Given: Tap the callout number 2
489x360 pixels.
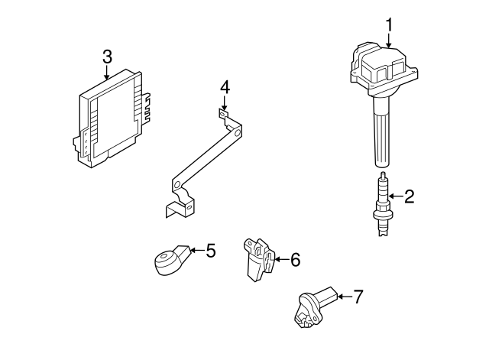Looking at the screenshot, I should (x=409, y=197).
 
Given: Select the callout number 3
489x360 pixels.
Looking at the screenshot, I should (x=107, y=56).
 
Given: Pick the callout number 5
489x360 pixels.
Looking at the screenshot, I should (x=211, y=249).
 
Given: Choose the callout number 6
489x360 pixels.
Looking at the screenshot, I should (x=294, y=260).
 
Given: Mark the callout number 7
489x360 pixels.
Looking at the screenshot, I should (x=358, y=296).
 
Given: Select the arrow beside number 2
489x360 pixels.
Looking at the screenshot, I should (x=394, y=197).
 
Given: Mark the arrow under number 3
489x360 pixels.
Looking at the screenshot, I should (x=107, y=72).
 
